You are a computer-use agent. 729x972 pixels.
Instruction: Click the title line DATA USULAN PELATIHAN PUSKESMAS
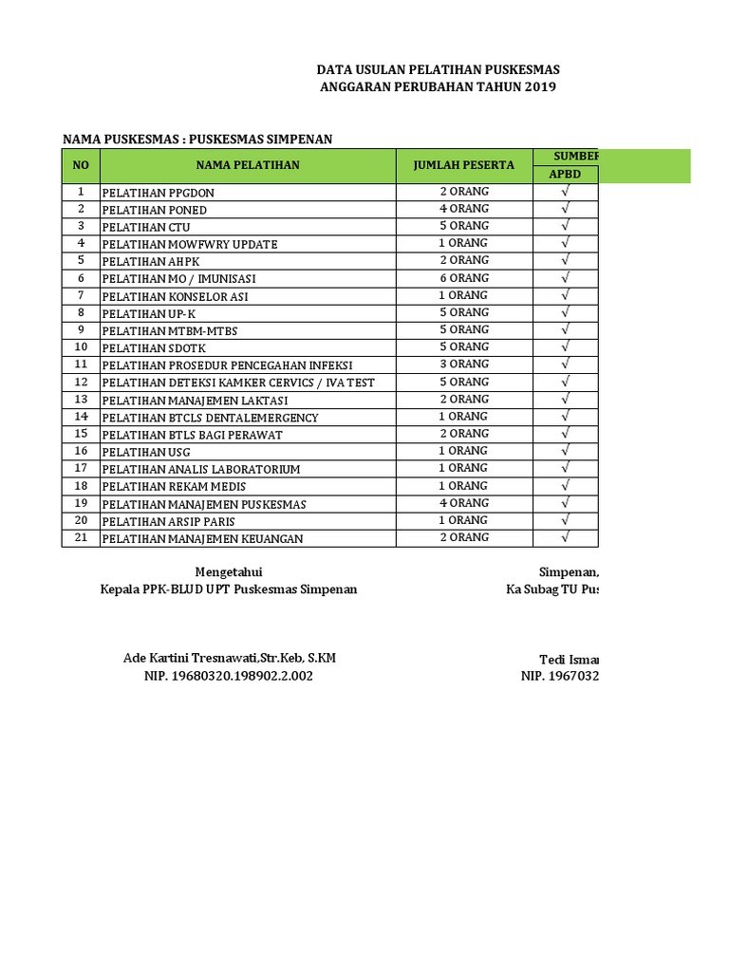tap(438, 70)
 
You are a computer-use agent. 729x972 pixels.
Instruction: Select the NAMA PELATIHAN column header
tap(248, 165)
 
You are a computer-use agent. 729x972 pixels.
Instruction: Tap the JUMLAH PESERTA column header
tap(463, 165)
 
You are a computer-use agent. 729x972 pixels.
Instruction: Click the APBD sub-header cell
tap(565, 175)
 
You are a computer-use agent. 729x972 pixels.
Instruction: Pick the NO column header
tap(81, 165)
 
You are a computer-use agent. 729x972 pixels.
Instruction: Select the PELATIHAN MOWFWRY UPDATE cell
tap(190, 244)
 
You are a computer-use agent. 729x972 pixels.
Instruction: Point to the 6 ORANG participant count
tap(463, 278)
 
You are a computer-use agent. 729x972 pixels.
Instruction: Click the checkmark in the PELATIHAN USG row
tap(565, 451)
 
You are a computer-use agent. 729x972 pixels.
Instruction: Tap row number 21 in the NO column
tap(81, 538)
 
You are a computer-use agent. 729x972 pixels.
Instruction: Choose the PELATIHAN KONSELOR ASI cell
tap(175, 296)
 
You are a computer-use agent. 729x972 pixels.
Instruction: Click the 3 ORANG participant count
tap(463, 364)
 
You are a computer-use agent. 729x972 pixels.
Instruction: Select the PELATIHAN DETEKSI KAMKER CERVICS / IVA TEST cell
tap(238, 383)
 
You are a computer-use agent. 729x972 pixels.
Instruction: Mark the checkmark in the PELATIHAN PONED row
tap(565, 209)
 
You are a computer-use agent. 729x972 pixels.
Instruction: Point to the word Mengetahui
tap(229, 571)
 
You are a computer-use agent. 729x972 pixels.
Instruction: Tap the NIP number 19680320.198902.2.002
tap(228, 676)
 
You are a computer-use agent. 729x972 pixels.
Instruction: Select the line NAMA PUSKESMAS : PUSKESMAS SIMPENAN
tap(197, 140)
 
